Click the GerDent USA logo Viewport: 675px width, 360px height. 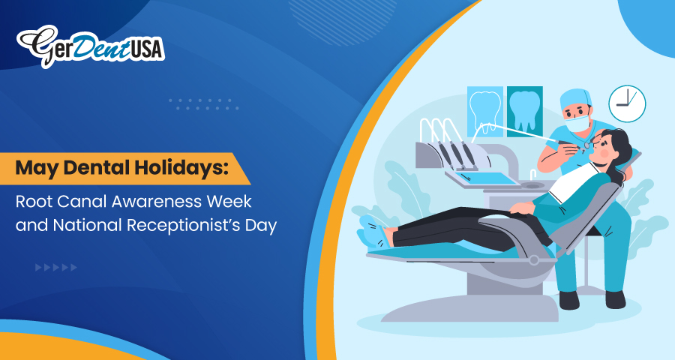[x=91, y=46]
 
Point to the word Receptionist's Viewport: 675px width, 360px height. [x=184, y=225]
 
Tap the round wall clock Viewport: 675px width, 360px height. [x=627, y=103]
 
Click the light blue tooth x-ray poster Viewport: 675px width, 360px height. [x=485, y=112]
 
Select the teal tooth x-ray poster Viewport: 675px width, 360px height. [x=524, y=112]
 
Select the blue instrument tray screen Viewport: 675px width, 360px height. [x=487, y=178]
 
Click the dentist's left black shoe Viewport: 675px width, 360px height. [x=569, y=300]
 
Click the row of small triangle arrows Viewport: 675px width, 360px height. [x=56, y=268]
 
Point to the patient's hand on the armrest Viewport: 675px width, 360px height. [x=521, y=208]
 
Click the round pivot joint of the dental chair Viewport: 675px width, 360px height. [x=534, y=260]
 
